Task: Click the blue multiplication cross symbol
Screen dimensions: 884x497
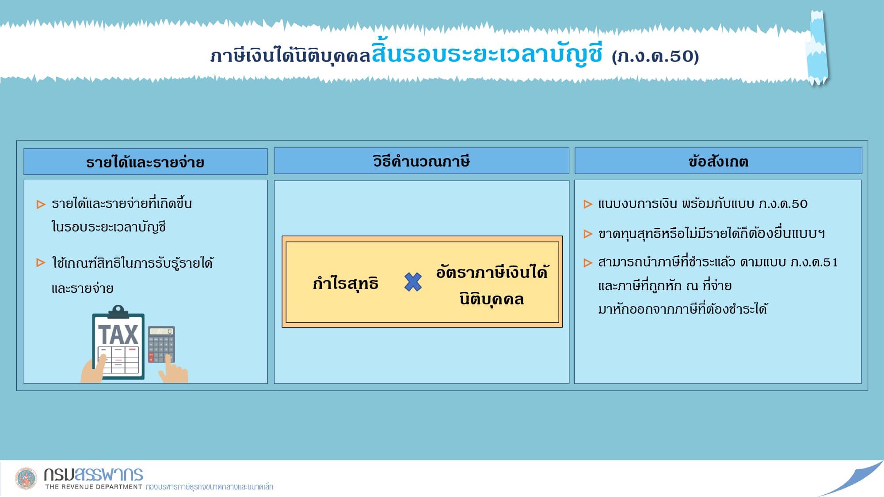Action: (x=413, y=282)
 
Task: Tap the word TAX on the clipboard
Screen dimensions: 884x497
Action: (x=118, y=334)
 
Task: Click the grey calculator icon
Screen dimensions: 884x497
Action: (x=161, y=344)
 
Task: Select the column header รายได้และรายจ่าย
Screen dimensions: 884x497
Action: (x=145, y=162)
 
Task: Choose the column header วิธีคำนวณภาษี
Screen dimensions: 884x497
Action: (x=421, y=161)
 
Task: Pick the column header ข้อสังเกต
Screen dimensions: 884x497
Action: (x=718, y=161)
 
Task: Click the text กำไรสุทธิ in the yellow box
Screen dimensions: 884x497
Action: (x=345, y=283)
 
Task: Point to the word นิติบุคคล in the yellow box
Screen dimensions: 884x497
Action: (x=492, y=299)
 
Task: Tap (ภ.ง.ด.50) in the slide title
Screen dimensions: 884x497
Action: (x=655, y=56)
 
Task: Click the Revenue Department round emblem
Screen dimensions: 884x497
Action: (x=26, y=478)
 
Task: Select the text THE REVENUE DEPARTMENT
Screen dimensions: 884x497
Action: (x=93, y=487)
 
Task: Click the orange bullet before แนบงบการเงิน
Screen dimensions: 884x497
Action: (x=588, y=204)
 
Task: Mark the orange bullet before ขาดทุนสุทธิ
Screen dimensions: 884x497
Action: (x=588, y=234)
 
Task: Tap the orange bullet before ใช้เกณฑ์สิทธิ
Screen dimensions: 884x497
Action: (x=41, y=263)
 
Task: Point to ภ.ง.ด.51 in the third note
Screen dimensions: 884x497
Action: (x=814, y=262)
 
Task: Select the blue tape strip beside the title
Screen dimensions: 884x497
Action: (x=818, y=48)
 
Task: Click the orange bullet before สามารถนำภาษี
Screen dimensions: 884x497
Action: (x=588, y=263)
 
